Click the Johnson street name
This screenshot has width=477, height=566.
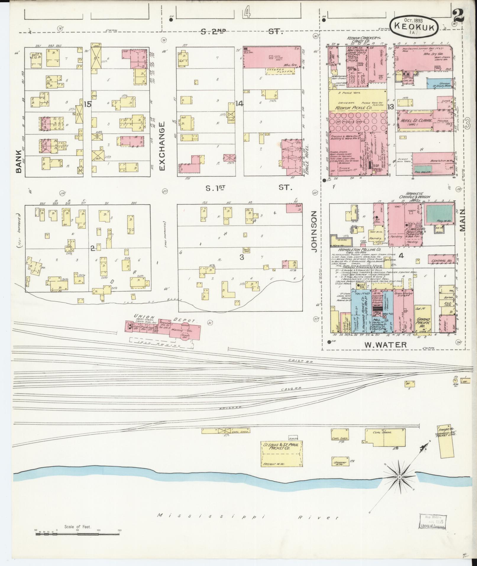[x=314, y=231]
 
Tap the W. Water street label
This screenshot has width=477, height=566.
[x=385, y=344]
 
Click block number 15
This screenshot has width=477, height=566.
[x=87, y=104]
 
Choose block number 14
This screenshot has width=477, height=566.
[x=239, y=104]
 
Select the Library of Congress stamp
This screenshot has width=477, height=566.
[x=433, y=522]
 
